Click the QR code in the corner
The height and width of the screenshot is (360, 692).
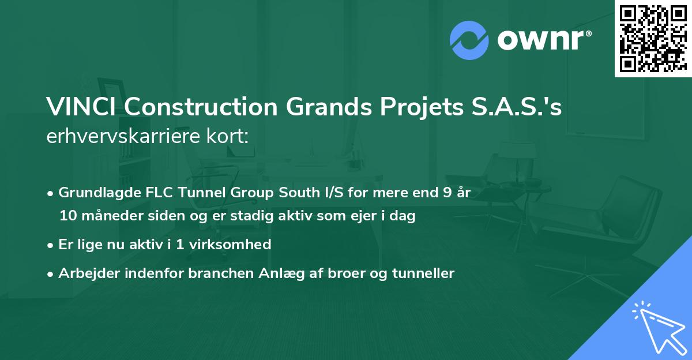[653, 39]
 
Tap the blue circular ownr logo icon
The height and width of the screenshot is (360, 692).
[469, 40]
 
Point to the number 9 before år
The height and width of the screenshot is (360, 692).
[447, 193]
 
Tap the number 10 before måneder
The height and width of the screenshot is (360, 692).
[67, 216]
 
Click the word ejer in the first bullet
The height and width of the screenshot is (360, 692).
[358, 216]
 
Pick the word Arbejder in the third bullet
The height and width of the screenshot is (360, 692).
[85, 273]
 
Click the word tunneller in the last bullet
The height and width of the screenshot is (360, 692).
[426, 273]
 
